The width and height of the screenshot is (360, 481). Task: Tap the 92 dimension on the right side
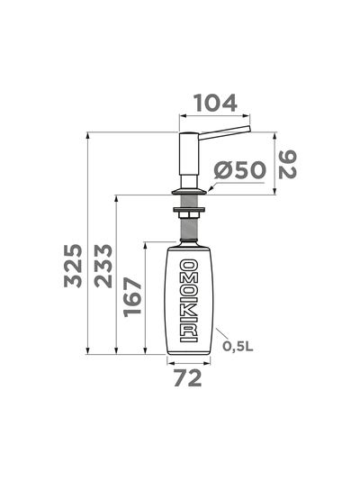[x=287, y=163]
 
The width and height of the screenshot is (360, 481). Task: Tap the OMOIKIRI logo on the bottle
[x=190, y=300]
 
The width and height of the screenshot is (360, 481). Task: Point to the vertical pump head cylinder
[x=188, y=159]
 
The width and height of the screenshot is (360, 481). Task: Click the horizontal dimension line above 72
[x=190, y=361]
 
